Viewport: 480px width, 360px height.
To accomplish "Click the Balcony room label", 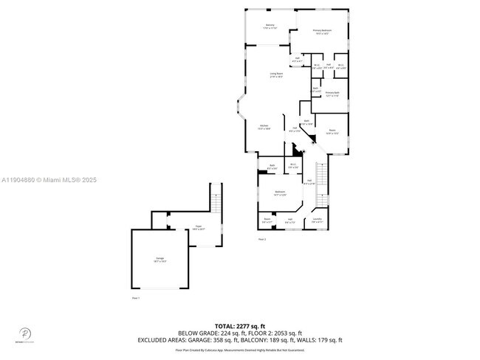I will click(x=270, y=27).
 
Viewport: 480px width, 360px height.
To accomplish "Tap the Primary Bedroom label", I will click(x=323, y=32).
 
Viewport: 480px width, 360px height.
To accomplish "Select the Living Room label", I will click(x=276, y=75).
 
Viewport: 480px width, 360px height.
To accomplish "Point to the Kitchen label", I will click(x=264, y=127).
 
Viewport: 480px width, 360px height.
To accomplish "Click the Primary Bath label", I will click(x=332, y=94).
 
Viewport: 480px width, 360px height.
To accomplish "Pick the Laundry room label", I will click(x=317, y=220).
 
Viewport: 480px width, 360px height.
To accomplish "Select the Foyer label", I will click(x=198, y=229).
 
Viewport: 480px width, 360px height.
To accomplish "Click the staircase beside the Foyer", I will click(x=216, y=202).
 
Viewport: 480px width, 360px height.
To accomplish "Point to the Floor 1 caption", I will click(x=136, y=298).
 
